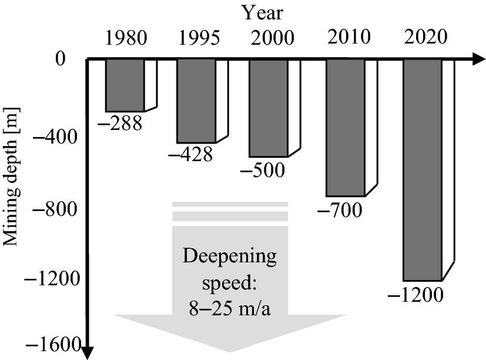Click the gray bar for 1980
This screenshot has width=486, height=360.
click(125, 85)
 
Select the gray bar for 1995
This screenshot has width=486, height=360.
click(196, 101)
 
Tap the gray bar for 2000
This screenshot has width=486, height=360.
click(269, 108)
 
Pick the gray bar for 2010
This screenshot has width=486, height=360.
click(346, 128)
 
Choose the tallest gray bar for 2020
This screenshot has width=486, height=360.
click(423, 170)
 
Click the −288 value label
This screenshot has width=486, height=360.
click(120, 123)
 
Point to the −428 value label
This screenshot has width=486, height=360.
click(190, 154)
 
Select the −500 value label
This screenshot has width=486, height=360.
click(263, 170)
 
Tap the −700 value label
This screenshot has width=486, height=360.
click(340, 210)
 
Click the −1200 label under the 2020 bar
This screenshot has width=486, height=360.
click(415, 295)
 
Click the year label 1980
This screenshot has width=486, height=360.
click(126, 38)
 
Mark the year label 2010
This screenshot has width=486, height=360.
click(349, 36)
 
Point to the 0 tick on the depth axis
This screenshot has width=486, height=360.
click(61, 58)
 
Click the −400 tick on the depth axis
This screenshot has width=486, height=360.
click(54, 136)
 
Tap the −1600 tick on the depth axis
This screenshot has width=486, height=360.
click(53, 345)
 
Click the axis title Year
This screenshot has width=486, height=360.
click(263, 13)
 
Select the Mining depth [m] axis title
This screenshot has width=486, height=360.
click(11, 177)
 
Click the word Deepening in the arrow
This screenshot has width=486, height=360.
click(229, 257)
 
